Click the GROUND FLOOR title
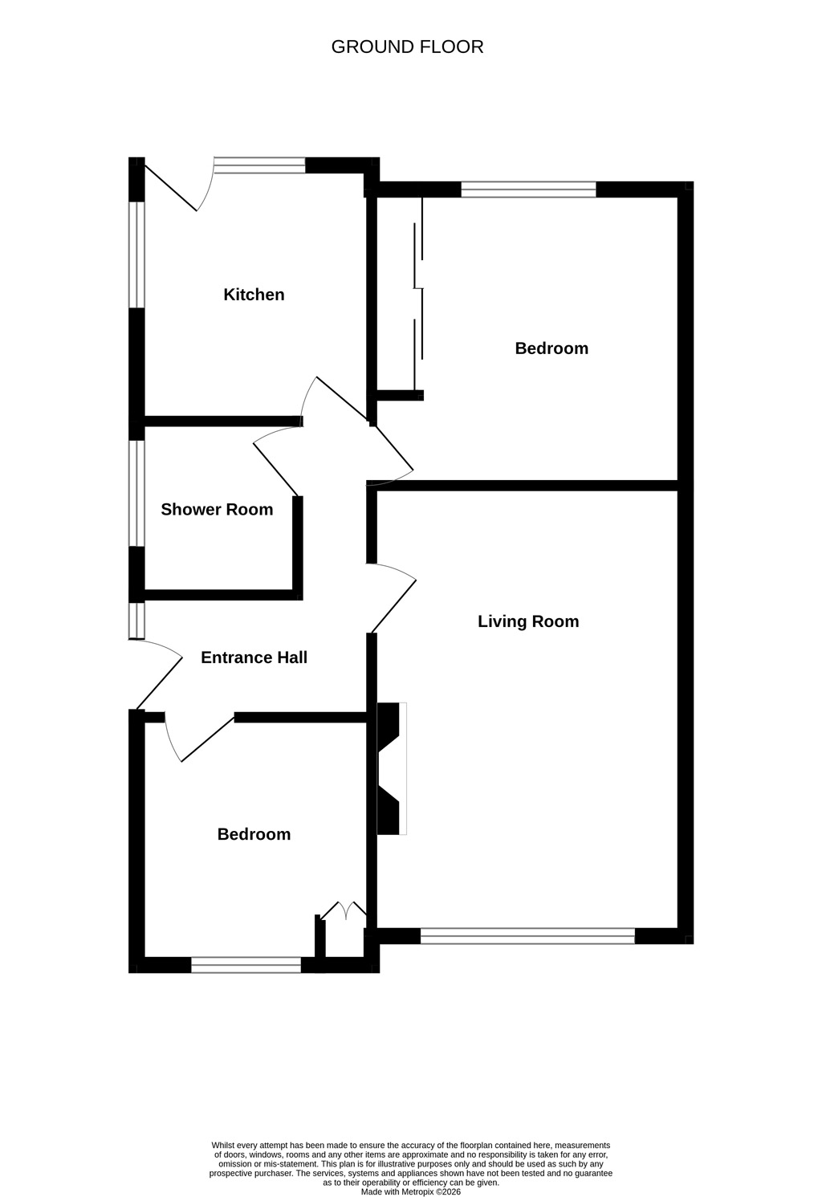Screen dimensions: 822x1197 tap(407, 47)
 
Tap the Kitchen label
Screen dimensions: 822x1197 tap(254, 295)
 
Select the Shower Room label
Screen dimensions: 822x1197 tap(217, 509)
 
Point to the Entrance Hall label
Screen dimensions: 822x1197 tap(254, 658)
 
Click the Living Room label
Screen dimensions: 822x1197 tap(528, 621)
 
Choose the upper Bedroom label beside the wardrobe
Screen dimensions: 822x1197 tap(551, 348)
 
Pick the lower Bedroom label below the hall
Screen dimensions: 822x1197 tap(254, 834)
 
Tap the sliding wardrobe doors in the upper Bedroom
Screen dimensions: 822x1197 tap(418, 291)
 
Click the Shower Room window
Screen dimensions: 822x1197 tap(136, 493)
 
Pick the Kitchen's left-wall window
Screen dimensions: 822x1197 tap(136, 254)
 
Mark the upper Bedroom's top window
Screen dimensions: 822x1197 tap(528, 189)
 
